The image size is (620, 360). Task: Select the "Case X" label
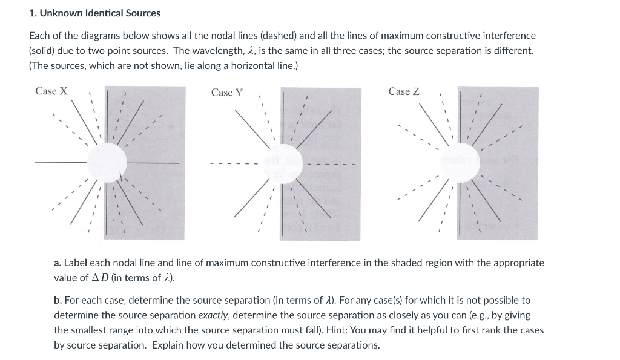[x=51, y=91]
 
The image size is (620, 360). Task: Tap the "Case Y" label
[x=227, y=93]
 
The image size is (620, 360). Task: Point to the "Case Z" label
[x=404, y=91]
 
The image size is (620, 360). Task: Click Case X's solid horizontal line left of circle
[x=61, y=162]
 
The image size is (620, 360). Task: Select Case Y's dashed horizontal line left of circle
[x=233, y=163]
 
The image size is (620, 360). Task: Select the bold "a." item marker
[x=58, y=263]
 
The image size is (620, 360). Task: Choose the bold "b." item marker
[x=58, y=300]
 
